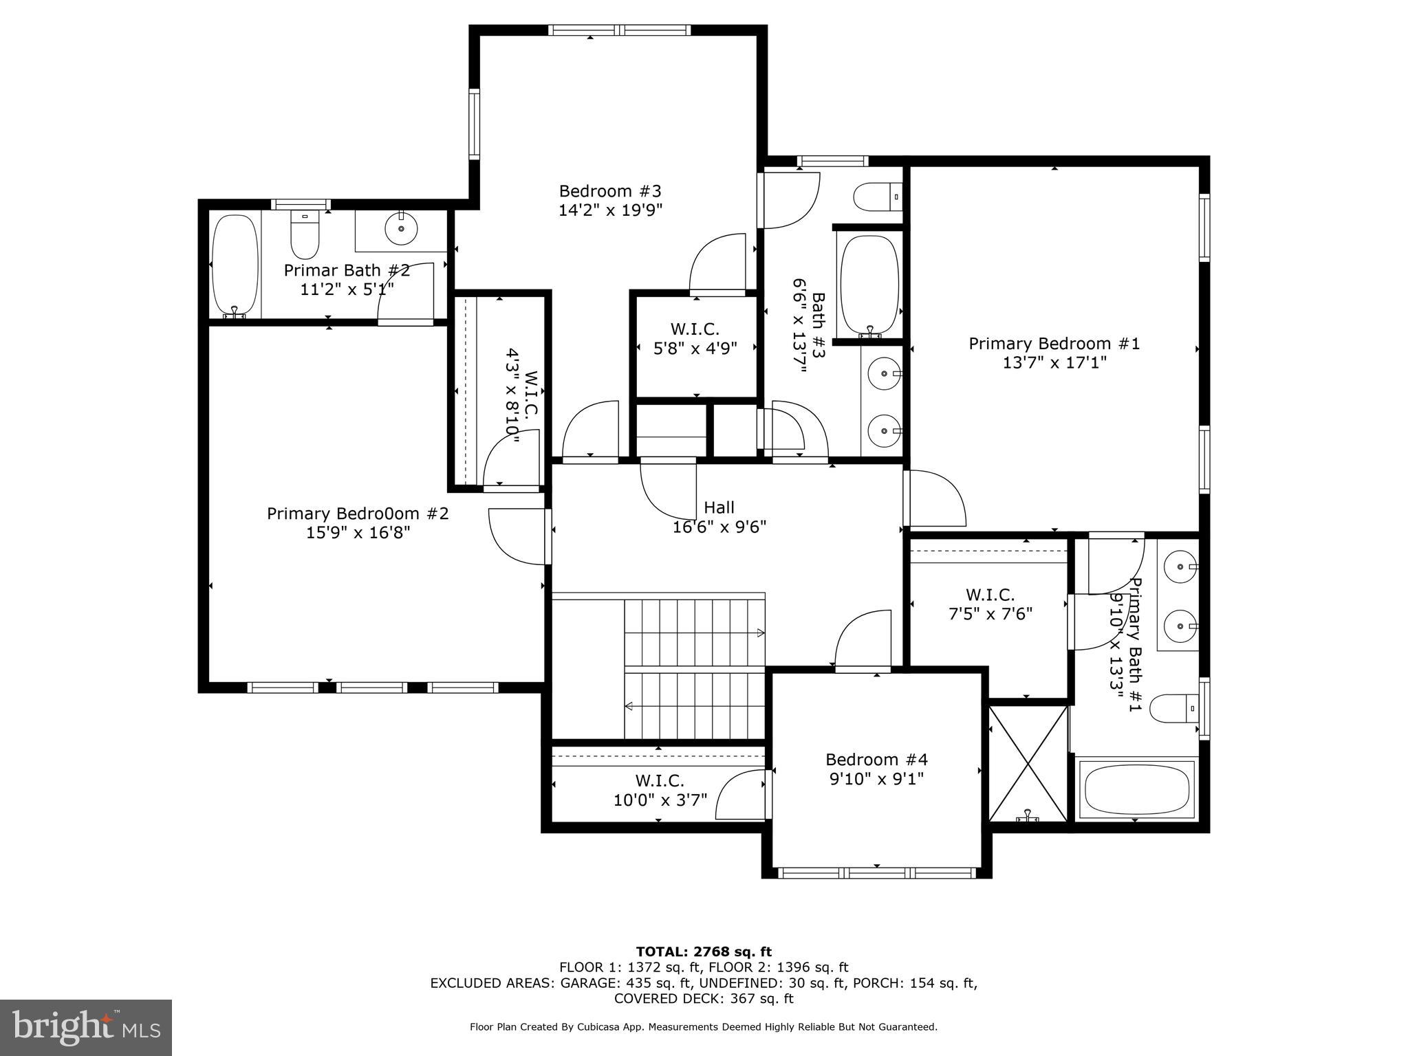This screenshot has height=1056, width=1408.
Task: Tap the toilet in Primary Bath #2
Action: click(x=304, y=235)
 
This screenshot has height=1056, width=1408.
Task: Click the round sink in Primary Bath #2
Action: click(x=401, y=228)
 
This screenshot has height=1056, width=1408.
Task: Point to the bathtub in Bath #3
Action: click(x=869, y=285)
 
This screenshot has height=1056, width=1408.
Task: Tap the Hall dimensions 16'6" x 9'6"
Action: click(x=719, y=527)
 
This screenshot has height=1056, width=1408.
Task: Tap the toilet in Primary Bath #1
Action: click(x=1173, y=708)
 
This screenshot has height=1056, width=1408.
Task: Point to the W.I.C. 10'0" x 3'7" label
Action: click(x=659, y=791)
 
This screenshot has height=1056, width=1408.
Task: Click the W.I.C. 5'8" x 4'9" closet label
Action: click(x=695, y=338)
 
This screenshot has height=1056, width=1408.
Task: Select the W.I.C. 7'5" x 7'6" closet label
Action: click(x=990, y=604)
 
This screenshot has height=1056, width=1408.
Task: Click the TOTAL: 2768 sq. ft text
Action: click(x=704, y=951)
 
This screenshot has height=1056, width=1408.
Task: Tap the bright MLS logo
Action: click(x=86, y=1028)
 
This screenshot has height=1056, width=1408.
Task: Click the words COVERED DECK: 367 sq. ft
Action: click(x=704, y=998)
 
